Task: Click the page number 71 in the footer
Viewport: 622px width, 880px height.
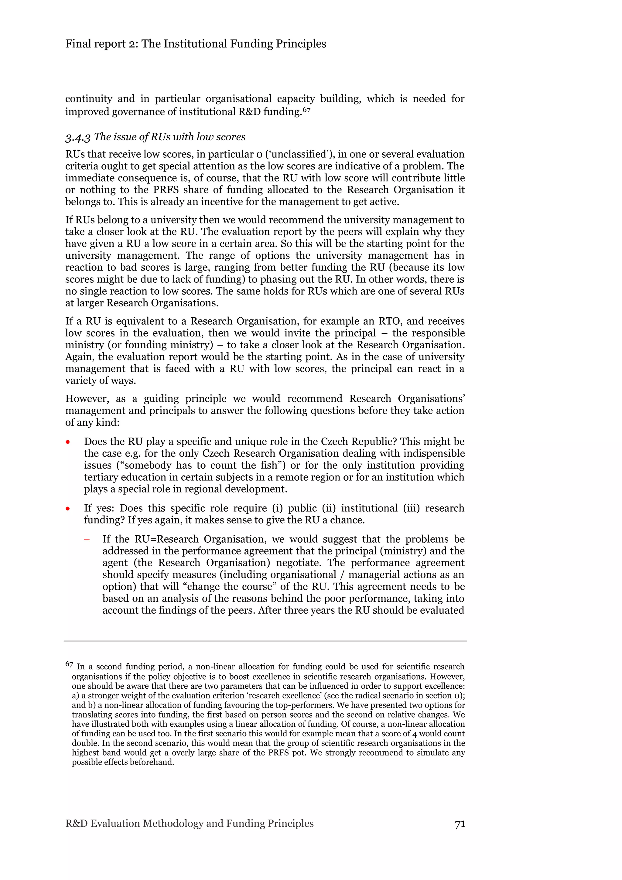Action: pyautogui.click(x=460, y=824)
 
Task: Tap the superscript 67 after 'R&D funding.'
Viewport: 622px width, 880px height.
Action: pyautogui.click(x=306, y=110)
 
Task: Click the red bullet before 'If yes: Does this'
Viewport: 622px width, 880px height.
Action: pyautogui.click(x=68, y=509)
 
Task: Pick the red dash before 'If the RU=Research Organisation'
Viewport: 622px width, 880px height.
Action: pyautogui.click(x=87, y=539)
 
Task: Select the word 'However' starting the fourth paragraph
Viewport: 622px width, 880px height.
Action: pyautogui.click(x=87, y=399)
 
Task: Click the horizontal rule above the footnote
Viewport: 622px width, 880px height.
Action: pyautogui.click(x=265, y=641)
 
